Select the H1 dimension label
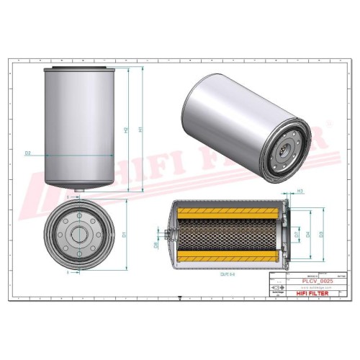[x=141, y=130]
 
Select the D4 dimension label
[x=308, y=235]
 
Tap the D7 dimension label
[x=296, y=235]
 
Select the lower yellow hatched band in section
[x=227, y=257]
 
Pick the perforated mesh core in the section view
[x=227, y=234]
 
